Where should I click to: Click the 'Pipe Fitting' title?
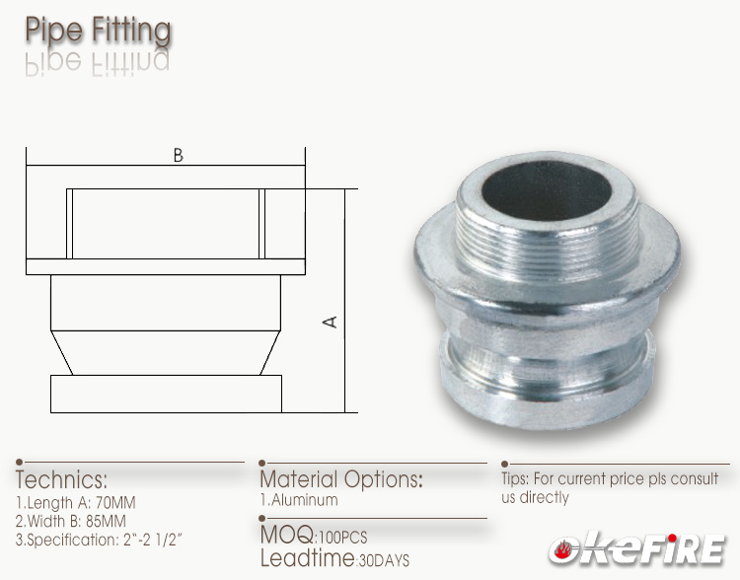(x=98, y=29)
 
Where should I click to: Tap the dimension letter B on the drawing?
(x=178, y=156)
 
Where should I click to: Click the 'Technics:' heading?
(x=61, y=480)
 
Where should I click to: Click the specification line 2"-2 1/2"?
(x=131, y=539)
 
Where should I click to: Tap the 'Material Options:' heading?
(x=340, y=479)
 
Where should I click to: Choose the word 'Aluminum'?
(x=305, y=499)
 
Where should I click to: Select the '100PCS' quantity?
(x=341, y=538)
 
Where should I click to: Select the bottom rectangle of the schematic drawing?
(x=166, y=394)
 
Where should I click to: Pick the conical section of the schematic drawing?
(x=166, y=352)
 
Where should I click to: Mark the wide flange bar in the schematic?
(x=166, y=266)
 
